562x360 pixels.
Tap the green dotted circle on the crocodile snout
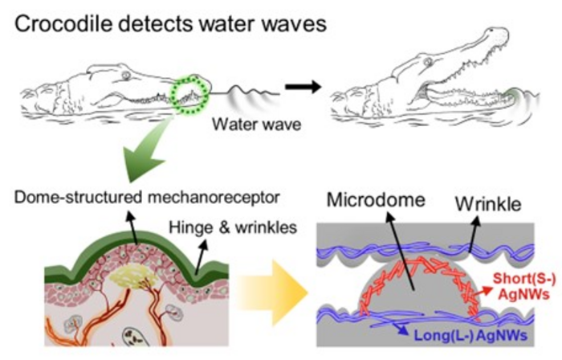(x=190, y=94)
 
